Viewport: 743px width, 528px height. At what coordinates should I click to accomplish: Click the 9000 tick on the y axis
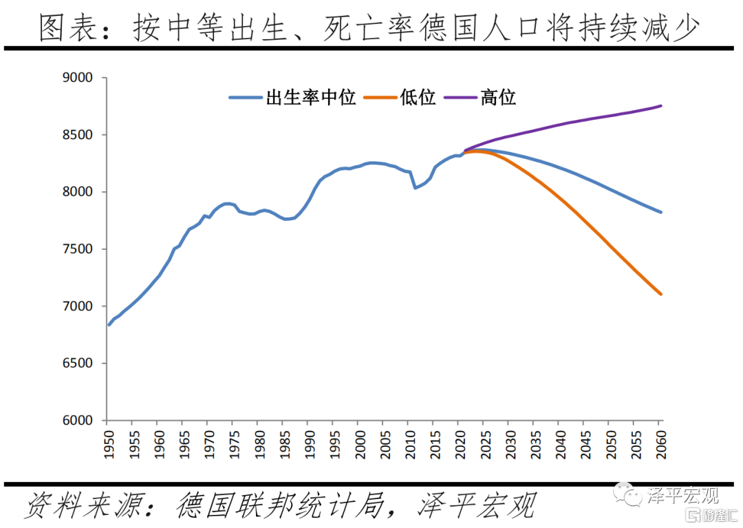(78, 78)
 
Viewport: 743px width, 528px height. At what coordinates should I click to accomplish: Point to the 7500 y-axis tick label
(78, 249)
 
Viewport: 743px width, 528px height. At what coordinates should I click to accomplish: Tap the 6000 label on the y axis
(78, 421)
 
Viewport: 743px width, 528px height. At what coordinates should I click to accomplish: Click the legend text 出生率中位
(311, 98)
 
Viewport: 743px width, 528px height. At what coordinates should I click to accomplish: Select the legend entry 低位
(418, 98)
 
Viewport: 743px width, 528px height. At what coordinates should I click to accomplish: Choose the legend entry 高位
(498, 98)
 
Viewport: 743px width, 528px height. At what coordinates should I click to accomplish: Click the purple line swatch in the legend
(461, 98)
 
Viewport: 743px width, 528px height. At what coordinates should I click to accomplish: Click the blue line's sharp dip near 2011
(415, 188)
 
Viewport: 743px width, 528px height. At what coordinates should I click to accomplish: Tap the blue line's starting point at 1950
(109, 325)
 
